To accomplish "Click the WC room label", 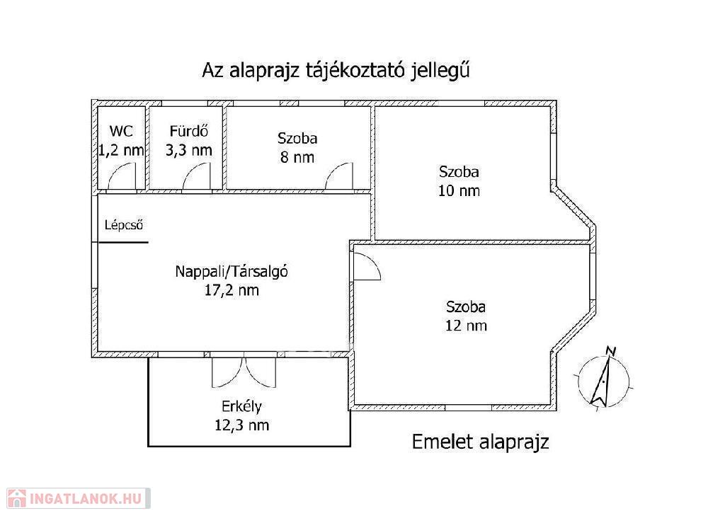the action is tap(121, 131).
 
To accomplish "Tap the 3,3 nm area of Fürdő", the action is tap(188, 150).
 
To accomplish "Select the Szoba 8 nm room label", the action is tap(297, 138).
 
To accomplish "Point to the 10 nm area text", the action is tap(459, 190).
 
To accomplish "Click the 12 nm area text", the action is tap(466, 326).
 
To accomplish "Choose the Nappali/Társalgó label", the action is tap(232, 271).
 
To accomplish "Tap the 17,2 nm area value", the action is tap(232, 290).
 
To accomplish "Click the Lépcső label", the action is tap(123, 225).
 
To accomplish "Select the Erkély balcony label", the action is tap(242, 406).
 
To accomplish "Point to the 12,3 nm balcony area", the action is tap(242, 425).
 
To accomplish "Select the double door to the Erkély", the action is tap(244, 370).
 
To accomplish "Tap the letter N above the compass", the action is tap(611, 351).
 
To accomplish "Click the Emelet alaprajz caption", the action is tap(481, 442).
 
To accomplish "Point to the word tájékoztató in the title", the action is tap(355, 70).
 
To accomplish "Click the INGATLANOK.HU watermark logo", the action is tap(79, 498).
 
